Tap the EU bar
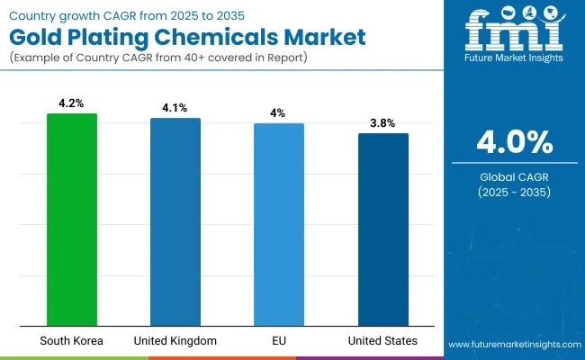279,224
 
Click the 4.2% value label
71,103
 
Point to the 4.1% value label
175,108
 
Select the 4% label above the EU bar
279,113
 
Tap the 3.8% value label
382,123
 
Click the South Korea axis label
71,341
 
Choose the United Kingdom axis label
175,341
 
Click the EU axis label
279,341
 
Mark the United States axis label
382,341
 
